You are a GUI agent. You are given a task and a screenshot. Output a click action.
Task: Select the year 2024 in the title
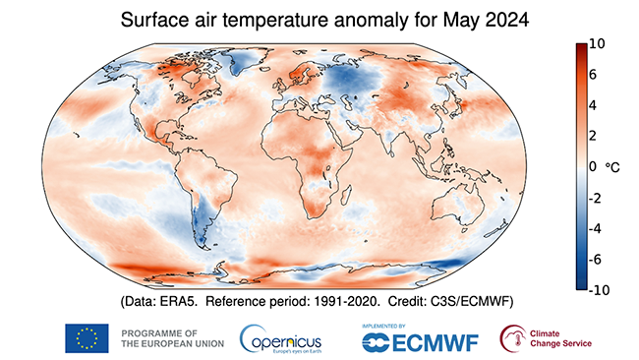483,19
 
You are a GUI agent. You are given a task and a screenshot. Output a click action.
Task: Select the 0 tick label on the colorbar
593,167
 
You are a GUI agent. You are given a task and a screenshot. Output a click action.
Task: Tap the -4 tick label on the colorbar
595,228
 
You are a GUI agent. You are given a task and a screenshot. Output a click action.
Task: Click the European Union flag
86,338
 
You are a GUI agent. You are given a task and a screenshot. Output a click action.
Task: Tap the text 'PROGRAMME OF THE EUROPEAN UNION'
169,338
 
